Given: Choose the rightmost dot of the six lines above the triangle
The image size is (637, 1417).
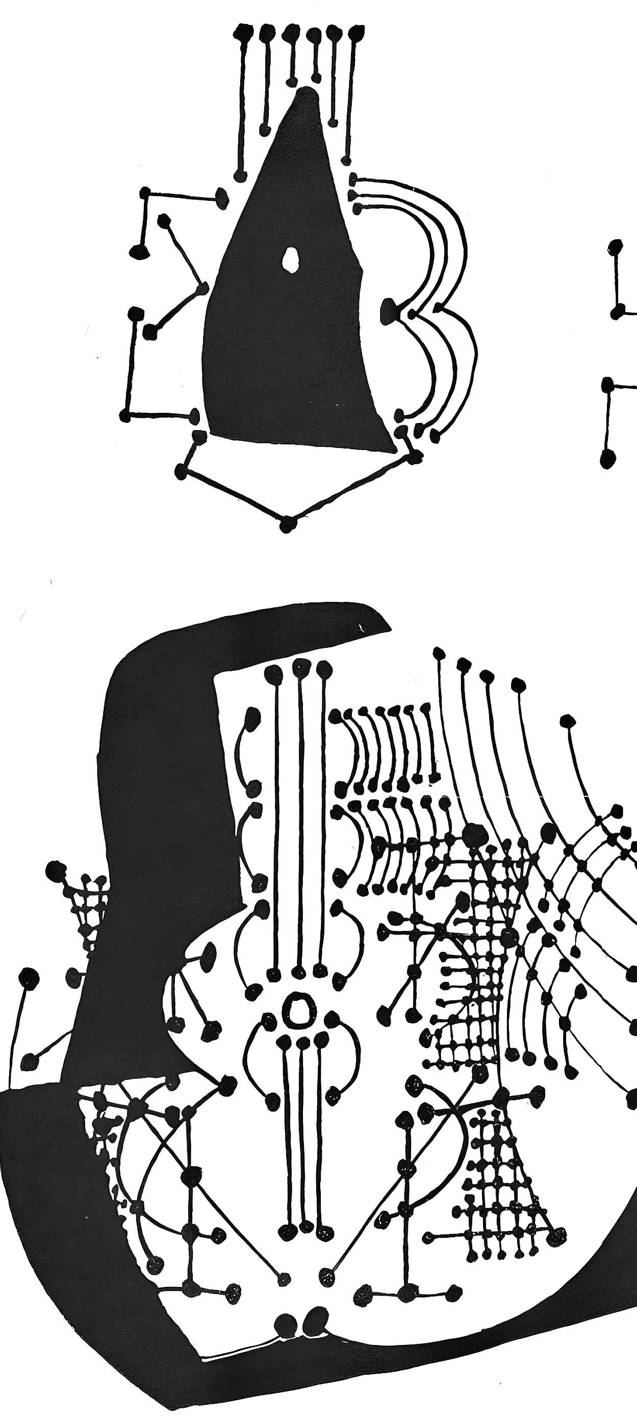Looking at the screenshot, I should (x=356, y=32).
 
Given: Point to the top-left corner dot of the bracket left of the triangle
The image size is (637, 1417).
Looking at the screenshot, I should (x=145, y=192).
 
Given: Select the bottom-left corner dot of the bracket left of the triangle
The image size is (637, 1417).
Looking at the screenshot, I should (x=126, y=415).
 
